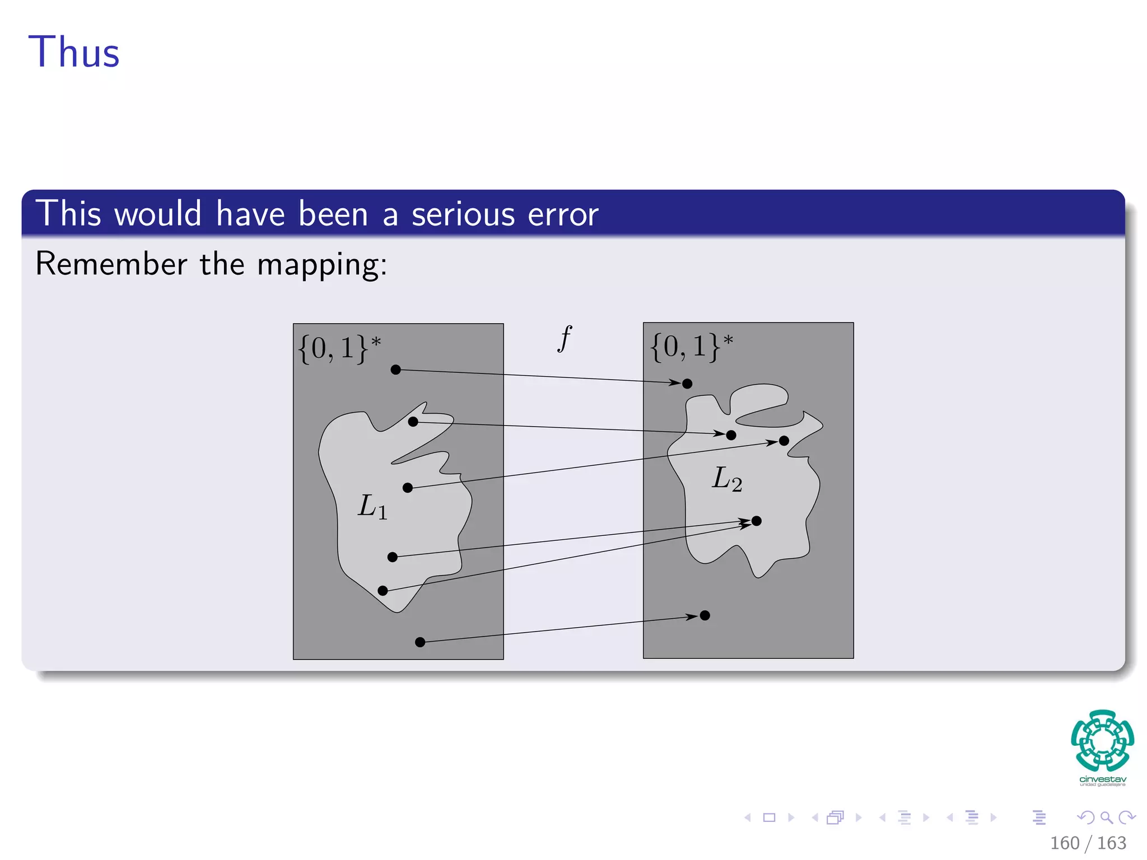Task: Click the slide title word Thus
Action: tap(74, 53)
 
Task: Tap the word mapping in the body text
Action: tap(322, 264)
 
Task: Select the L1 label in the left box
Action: tap(372, 507)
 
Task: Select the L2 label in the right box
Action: tap(727, 479)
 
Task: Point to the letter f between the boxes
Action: tap(565, 339)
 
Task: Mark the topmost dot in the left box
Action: tap(396, 370)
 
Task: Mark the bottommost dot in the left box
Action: tap(420, 642)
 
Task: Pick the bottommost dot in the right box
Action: tap(705, 615)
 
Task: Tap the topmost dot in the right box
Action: tap(687, 384)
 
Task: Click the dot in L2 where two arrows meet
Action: tap(757, 521)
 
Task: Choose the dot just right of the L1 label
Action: tap(408, 488)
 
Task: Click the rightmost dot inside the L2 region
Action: tap(784, 441)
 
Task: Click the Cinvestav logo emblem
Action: tap(1102, 740)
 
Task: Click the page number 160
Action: tap(1064, 843)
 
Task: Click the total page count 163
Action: tap(1111, 843)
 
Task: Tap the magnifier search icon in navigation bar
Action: tap(1106, 817)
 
